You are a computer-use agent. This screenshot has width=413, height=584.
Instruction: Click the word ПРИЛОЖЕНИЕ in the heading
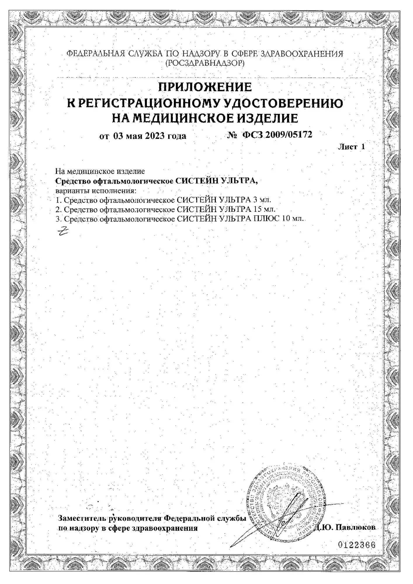coord(205,87)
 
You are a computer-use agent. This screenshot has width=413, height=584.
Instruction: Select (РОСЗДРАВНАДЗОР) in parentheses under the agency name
coord(205,63)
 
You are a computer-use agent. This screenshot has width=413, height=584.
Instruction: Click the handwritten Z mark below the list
coord(63,231)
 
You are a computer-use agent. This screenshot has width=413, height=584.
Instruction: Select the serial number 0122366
coord(356,545)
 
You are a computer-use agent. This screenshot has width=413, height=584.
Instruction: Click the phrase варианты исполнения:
coord(96,191)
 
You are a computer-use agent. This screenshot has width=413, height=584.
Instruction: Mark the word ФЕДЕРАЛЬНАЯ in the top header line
coord(96,54)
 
